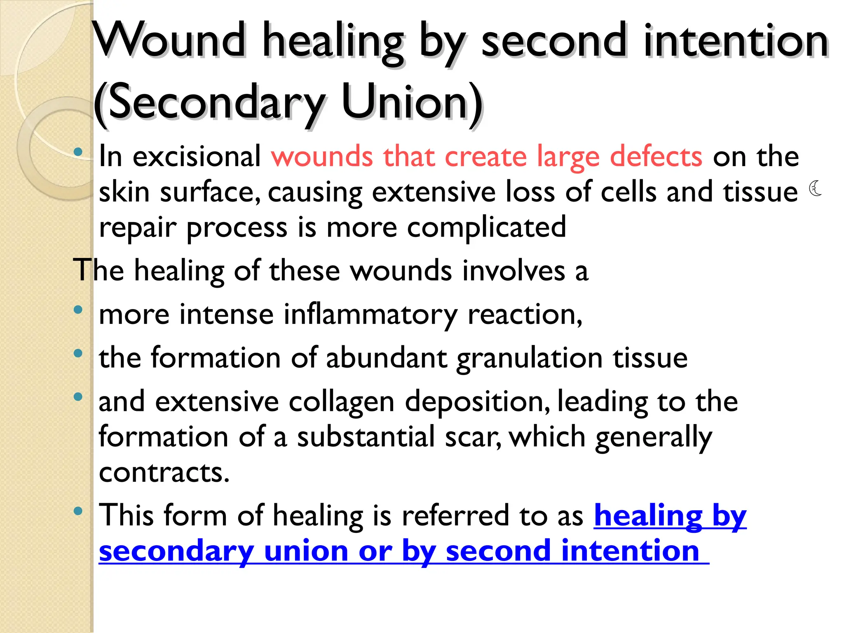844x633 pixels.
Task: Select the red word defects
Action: pos(656,157)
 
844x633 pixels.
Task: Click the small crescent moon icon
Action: pos(815,188)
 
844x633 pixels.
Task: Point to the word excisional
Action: pos(197,157)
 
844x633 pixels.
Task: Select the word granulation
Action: pos(530,358)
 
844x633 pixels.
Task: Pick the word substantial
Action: pos(366,437)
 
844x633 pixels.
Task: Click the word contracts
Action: pos(164,472)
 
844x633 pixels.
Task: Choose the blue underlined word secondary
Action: pos(176,552)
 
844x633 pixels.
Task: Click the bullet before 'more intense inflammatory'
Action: pos(78,310)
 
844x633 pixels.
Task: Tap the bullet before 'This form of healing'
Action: pos(78,511)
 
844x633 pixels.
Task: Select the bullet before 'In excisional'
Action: pos(78,152)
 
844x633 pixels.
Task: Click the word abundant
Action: pos(387,357)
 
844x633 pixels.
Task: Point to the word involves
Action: pos(513,271)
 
